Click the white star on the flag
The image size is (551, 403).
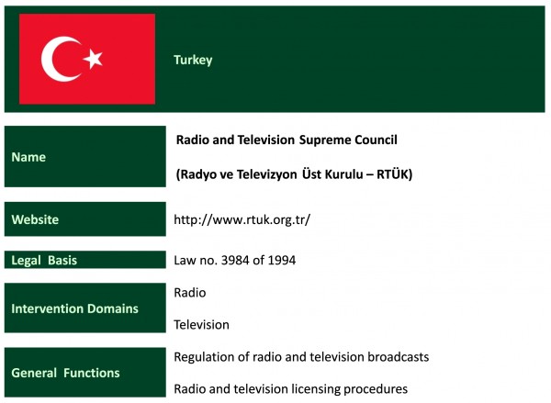(93, 59)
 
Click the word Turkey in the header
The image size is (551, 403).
(193, 60)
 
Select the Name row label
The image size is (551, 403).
(28, 157)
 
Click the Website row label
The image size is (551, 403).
(35, 219)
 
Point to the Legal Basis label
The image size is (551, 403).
(44, 261)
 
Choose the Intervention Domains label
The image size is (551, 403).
(75, 308)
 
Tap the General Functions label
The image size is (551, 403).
(65, 373)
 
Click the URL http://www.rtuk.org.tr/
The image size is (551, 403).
(242, 220)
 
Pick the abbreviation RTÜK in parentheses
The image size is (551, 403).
(392, 174)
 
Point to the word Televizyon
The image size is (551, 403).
(266, 174)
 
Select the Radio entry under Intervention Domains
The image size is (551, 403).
(190, 293)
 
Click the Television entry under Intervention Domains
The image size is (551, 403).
(201, 325)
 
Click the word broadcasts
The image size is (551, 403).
(399, 357)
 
